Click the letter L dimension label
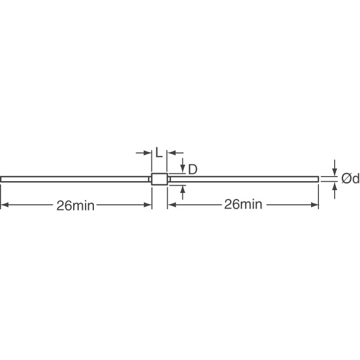159,153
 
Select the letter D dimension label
192,169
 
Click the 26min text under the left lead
75,205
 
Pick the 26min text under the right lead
243,205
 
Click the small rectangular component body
159,179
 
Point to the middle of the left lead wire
75,179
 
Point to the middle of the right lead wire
244,179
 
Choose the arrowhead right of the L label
172,152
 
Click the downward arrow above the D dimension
183,169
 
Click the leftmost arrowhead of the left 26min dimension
4,205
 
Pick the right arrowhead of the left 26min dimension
148,205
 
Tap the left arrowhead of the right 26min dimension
172,205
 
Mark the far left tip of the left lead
2,179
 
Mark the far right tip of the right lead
318,179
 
